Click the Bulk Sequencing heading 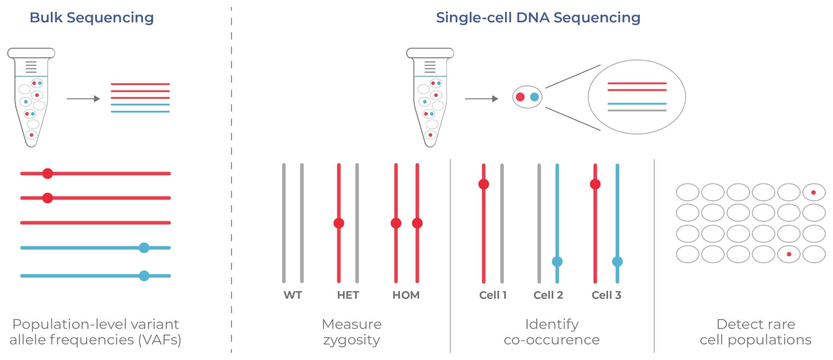[92, 17]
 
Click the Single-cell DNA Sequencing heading [538, 17]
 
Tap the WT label [292, 295]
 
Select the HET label [348, 295]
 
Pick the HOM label [406, 295]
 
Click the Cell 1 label [493, 295]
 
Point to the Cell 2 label [548, 295]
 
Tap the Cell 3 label [606, 295]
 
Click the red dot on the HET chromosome [339, 223]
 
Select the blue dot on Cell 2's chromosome [557, 262]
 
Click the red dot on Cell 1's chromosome [484, 184]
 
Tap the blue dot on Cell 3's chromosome [617, 262]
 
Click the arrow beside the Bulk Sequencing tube [83, 98]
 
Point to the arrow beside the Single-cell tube [482, 98]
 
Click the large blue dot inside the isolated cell [534, 97]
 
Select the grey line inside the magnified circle [637, 110]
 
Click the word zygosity [351, 340]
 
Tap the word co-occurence [552, 340]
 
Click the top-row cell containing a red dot [813, 192]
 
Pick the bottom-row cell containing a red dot [789, 254]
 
